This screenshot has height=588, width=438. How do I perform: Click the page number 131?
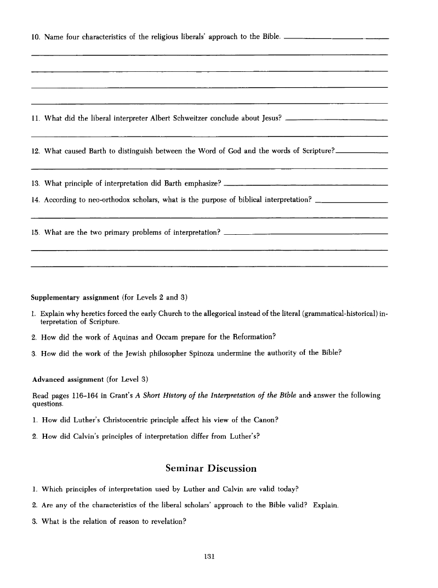[208, 556]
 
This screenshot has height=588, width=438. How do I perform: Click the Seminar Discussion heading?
[211, 468]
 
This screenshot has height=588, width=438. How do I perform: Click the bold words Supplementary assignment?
[75, 297]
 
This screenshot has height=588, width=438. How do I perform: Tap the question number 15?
[35, 232]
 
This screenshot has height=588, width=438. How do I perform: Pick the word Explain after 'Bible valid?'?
[326, 505]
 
